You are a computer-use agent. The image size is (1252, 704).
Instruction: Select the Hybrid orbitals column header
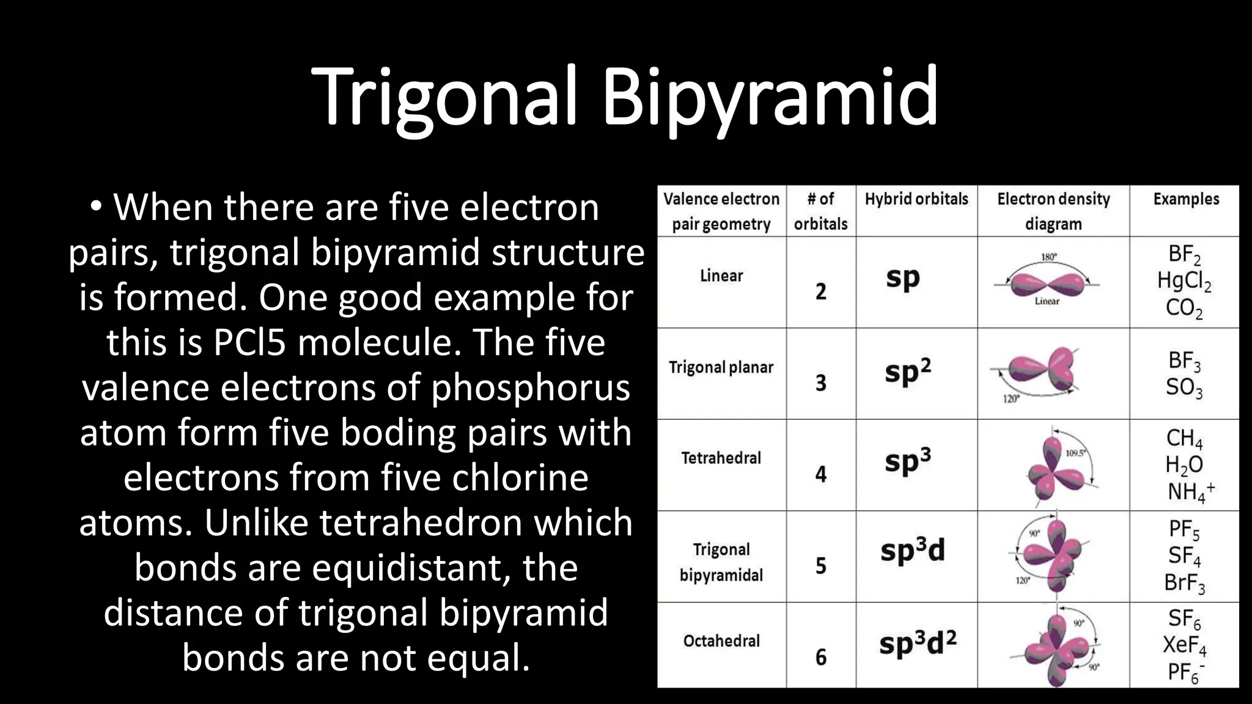(x=916, y=199)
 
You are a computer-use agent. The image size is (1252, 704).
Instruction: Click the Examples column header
(x=1186, y=199)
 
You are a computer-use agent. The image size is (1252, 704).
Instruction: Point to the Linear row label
(x=721, y=276)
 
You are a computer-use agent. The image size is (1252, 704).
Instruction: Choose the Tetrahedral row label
(x=721, y=458)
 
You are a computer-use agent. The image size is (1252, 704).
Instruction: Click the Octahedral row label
(x=721, y=640)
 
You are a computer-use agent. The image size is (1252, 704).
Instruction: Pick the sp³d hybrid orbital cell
(x=912, y=551)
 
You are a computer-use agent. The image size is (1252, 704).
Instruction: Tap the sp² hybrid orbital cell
(x=908, y=370)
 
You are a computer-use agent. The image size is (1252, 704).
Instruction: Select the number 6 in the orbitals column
(x=820, y=657)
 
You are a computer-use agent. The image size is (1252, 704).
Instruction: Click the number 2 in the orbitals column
(x=820, y=291)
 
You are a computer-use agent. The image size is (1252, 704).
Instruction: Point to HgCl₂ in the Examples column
(x=1184, y=281)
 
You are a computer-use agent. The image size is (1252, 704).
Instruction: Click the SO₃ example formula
(x=1184, y=387)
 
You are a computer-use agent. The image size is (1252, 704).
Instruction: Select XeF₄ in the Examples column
(x=1184, y=645)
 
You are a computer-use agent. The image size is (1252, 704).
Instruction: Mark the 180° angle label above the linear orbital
(x=1048, y=257)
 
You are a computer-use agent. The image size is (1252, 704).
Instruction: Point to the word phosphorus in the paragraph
(x=531, y=387)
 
